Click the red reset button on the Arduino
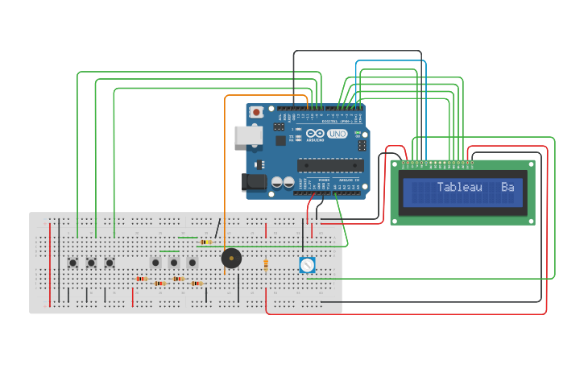coord(256,112)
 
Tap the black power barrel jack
coord(255,183)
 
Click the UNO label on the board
coord(337,135)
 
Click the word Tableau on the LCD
coord(459,188)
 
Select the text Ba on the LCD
coord(507,188)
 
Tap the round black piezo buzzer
coord(231,259)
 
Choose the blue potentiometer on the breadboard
coord(306,264)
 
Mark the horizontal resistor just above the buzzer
coord(206,242)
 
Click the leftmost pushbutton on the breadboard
coord(72,262)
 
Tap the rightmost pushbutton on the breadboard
coord(192,262)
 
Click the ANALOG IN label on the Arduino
coord(348,179)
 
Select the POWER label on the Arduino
coord(324,179)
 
